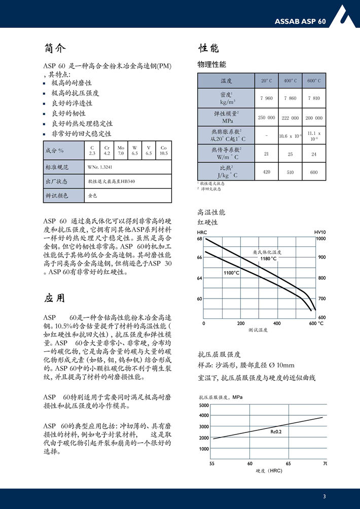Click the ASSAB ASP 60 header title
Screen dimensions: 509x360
click(x=300, y=21)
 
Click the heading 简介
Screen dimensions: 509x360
click(x=55, y=49)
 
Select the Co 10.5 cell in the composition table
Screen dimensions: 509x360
click(x=163, y=150)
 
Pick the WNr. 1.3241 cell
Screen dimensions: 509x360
click(x=99, y=167)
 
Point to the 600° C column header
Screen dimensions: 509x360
click(x=314, y=81)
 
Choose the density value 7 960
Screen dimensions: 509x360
click(x=266, y=98)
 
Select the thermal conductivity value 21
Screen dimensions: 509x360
click(x=266, y=154)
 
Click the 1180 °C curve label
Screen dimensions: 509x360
click(x=268, y=259)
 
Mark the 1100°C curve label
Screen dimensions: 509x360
click(x=231, y=273)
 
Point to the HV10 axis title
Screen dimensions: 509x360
click(x=319, y=232)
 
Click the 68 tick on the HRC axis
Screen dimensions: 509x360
click(x=200, y=239)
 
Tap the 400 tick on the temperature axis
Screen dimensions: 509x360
click(x=277, y=323)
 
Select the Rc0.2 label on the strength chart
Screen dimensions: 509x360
click(x=276, y=431)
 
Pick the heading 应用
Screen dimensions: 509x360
click(x=54, y=298)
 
